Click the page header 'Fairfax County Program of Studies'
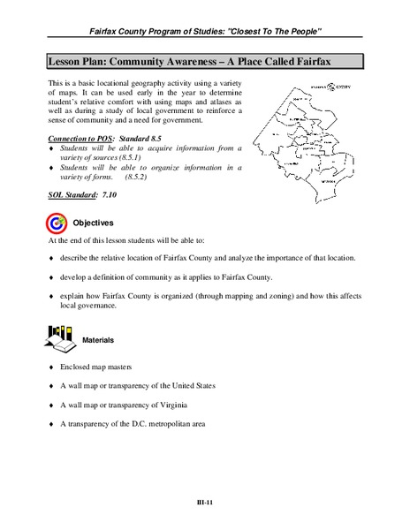pos(205,32)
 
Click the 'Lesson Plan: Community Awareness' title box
pos(204,62)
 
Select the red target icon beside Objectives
pos(56,222)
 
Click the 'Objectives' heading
pos(93,223)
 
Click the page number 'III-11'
pos(205,503)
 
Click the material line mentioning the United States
pos(138,386)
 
